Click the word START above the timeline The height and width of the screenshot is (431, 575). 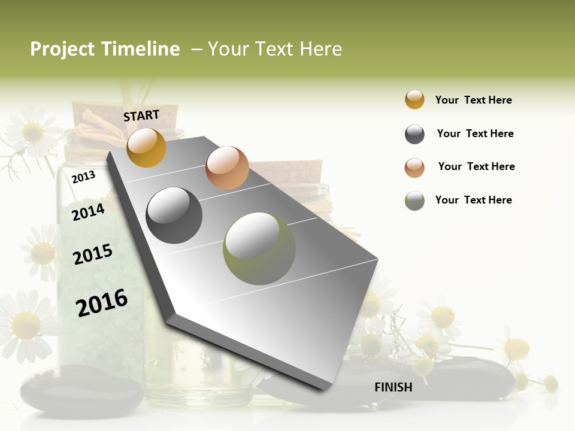[141, 116]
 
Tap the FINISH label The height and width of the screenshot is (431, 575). [394, 387]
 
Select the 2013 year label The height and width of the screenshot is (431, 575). [83, 177]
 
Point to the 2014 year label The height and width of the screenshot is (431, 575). [88, 212]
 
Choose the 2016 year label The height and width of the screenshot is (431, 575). [102, 302]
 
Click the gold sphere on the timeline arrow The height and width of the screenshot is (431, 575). [147, 147]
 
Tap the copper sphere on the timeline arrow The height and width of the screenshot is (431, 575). [227, 168]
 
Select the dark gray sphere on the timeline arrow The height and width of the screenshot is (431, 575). [174, 215]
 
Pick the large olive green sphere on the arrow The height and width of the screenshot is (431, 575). [259, 248]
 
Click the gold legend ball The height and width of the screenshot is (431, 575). [414, 99]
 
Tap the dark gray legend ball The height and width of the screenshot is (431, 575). [414, 134]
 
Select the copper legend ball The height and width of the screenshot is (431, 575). [414, 167]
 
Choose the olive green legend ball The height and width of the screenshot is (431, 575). [414, 200]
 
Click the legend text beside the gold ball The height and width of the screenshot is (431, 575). [473, 100]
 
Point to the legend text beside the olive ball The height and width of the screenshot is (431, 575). [473, 200]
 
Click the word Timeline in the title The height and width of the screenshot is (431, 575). [140, 49]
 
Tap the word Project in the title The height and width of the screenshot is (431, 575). [62, 50]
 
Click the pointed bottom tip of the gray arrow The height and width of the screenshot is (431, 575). [323, 388]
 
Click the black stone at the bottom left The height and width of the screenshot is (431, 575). [81, 390]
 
